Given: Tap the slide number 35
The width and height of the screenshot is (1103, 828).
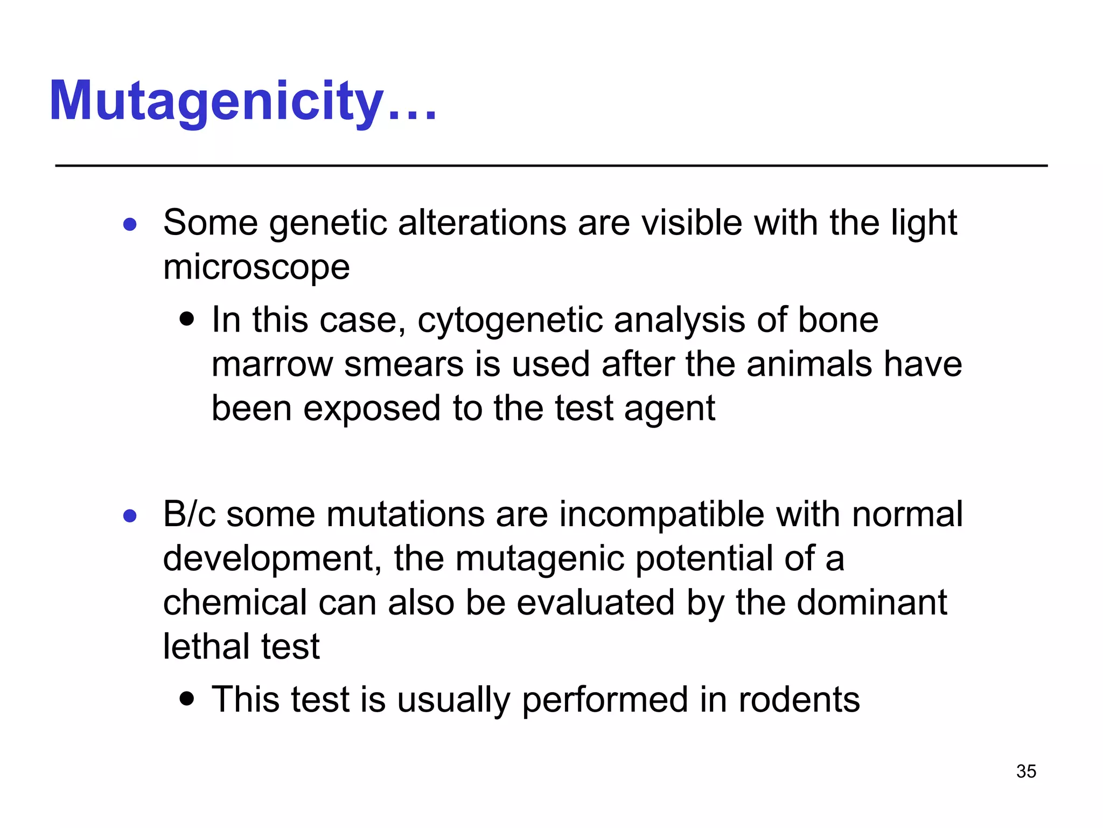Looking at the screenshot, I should pyautogui.click(x=1026, y=771).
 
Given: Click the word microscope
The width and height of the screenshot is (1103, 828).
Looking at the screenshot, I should pyautogui.click(x=256, y=267).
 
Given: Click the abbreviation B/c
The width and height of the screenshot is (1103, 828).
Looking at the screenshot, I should pyautogui.click(x=189, y=514).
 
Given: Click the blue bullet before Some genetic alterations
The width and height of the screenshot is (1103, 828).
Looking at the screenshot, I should pyautogui.click(x=130, y=224).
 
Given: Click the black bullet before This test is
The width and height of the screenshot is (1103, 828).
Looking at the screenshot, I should pyautogui.click(x=187, y=699).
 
